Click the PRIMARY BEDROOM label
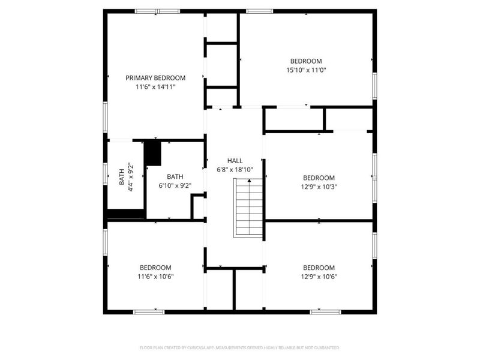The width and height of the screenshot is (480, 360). point(155,78)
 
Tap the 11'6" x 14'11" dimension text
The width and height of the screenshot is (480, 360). point(155,87)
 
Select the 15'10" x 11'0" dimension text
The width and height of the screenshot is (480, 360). point(306,70)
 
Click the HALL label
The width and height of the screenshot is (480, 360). point(235,161)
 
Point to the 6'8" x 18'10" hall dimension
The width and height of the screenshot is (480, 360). point(235,170)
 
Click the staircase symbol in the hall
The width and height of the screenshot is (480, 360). point(248,208)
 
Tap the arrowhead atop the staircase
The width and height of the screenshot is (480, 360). point(250,181)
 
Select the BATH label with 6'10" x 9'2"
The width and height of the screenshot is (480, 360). point(175,176)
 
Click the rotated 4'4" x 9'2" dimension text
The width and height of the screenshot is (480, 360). point(131,177)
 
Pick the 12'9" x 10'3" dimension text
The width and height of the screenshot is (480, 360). point(319,187)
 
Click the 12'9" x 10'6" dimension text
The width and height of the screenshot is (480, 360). point(319,277)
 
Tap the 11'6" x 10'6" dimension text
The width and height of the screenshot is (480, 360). point(155,277)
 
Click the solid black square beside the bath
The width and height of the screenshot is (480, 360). point(152,153)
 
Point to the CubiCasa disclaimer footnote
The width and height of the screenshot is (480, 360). point(239,348)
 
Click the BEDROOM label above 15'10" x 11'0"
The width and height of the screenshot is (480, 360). point(306,61)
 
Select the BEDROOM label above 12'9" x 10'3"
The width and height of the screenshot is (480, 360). point(319,178)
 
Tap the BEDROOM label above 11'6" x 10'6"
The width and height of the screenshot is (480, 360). point(155,268)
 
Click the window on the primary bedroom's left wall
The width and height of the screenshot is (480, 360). point(106,118)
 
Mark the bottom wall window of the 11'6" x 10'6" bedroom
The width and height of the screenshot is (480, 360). point(149,312)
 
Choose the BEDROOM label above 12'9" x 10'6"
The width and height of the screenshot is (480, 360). point(319,268)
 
